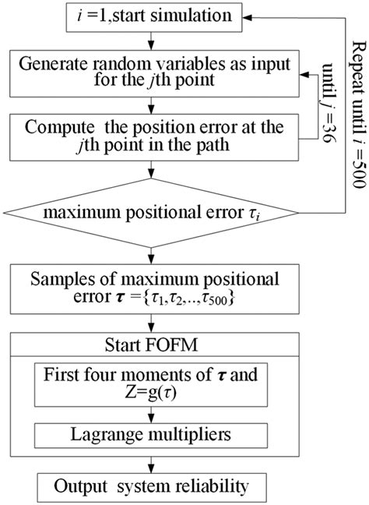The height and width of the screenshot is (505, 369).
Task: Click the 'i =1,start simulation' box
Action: (x=145, y=15)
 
